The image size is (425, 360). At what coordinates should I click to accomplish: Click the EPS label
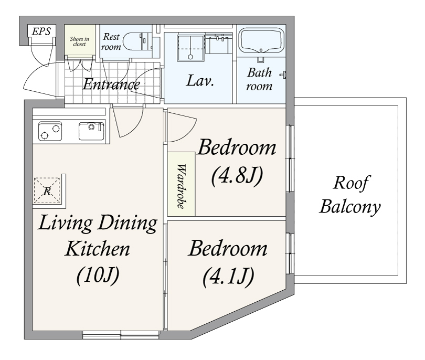click(41, 31)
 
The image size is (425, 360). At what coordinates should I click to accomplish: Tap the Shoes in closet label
click(79, 41)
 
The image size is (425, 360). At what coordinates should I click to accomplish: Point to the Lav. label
click(200, 81)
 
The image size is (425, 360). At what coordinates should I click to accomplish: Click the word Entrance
click(111, 84)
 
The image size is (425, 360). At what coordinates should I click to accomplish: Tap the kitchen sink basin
click(91, 131)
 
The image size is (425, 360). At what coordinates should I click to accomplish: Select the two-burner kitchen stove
click(50, 131)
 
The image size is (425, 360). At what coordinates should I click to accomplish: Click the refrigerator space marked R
click(47, 191)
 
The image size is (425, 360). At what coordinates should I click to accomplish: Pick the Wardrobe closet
click(181, 184)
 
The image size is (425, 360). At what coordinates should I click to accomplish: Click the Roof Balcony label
click(350, 195)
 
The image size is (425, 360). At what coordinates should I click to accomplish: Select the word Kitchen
click(97, 249)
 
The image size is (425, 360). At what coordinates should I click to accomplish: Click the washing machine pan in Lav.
click(190, 48)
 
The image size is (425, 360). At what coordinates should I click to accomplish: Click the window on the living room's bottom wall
click(121, 335)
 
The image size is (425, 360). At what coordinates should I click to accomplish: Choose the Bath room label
click(259, 79)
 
